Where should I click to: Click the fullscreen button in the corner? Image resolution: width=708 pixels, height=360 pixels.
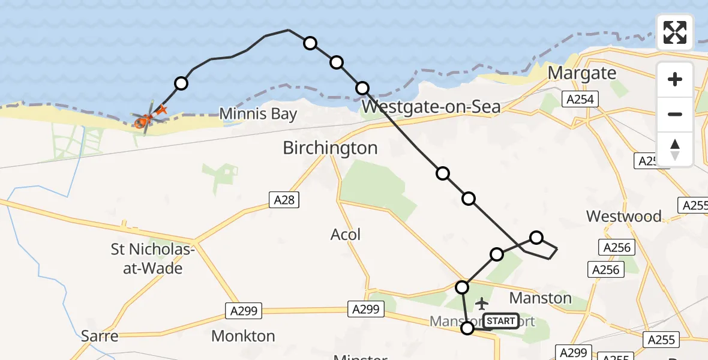[x=675, y=32]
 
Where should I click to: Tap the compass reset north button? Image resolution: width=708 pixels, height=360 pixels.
[x=675, y=149]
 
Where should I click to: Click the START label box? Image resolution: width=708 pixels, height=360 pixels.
[x=500, y=321]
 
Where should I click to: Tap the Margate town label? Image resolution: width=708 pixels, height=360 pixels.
[x=582, y=73]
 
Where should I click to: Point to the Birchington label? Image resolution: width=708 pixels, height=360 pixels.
[x=330, y=148]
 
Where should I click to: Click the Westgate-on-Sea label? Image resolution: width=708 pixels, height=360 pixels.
[x=432, y=107]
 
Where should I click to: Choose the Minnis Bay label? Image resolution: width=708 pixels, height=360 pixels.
[x=258, y=113]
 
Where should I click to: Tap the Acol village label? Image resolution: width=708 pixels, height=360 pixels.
[x=346, y=234]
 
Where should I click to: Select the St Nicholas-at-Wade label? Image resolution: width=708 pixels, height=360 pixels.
[x=147, y=259]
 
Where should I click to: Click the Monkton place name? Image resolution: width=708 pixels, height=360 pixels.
[x=243, y=336]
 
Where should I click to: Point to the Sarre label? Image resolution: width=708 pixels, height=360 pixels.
[x=100, y=336]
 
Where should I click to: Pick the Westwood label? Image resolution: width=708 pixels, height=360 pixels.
[x=623, y=216]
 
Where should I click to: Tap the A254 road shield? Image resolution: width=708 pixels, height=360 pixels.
[x=581, y=99]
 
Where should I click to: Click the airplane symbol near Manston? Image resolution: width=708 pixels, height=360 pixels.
[x=481, y=304]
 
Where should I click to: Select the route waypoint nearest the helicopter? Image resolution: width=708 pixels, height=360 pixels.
[x=181, y=83]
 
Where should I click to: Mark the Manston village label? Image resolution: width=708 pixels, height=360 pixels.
[x=540, y=298]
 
